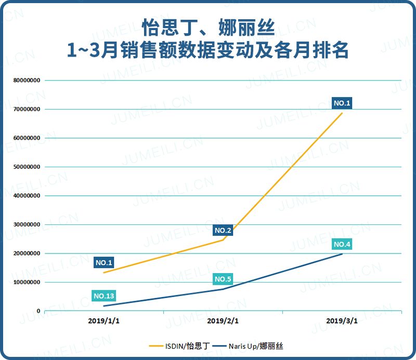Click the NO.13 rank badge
click(103, 296)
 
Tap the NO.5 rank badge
click(223, 279)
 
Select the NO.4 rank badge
click(342, 244)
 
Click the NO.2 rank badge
click(223, 230)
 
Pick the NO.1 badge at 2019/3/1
click(342, 103)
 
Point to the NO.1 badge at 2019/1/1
click(104, 262)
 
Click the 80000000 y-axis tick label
click(27, 81)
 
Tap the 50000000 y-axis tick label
click(27, 167)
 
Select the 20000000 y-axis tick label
click(27, 254)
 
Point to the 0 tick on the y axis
click(38, 311)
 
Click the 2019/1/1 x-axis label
click(104, 321)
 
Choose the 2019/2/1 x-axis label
click(223, 321)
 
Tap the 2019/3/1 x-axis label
click(342, 321)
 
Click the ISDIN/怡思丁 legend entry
click(175, 345)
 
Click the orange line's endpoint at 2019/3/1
click(342, 113)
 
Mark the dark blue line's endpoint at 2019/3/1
click(342, 254)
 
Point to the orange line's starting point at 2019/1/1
click(104, 273)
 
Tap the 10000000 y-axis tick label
click(27, 283)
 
